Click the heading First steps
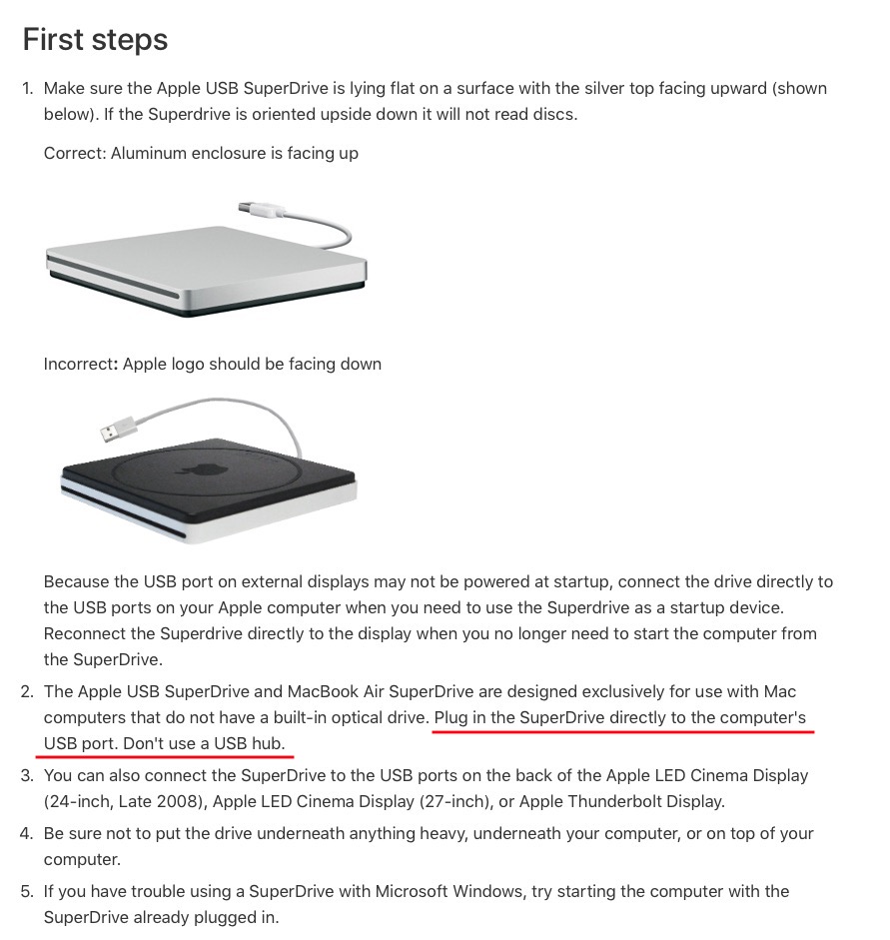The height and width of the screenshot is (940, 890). coord(95,40)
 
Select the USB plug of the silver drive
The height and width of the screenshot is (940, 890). coord(260,209)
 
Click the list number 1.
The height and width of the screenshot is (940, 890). coord(27,89)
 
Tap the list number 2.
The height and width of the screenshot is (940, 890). coord(27,692)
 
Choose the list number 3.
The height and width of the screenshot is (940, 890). coord(27,776)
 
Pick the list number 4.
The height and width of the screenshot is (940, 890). coord(27,834)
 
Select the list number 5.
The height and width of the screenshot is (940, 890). coord(27,891)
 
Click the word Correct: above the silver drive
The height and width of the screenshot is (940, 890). coord(75,154)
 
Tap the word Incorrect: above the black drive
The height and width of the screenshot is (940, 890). coord(80,365)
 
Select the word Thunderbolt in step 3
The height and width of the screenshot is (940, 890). coord(607,801)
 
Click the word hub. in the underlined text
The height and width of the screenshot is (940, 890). coord(269,743)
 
